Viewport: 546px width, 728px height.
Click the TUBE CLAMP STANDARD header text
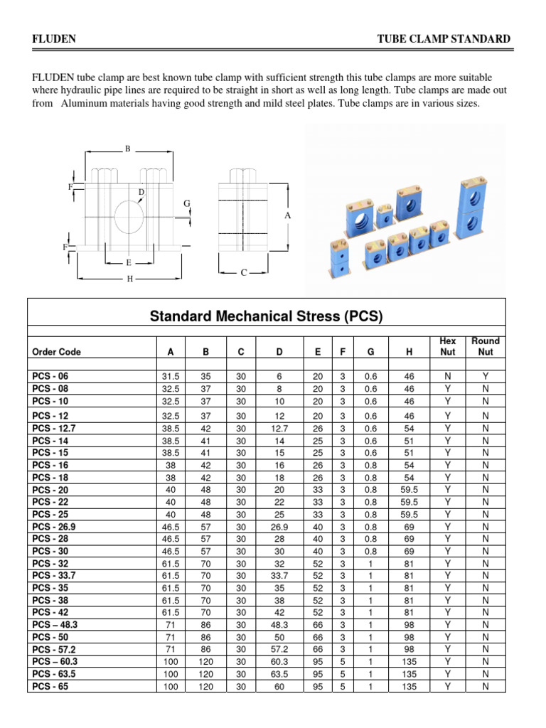(x=443, y=39)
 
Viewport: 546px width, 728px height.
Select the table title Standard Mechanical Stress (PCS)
(x=266, y=317)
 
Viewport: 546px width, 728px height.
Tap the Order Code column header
(x=57, y=352)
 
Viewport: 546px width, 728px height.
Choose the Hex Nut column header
(x=448, y=346)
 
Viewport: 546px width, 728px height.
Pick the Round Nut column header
(x=486, y=346)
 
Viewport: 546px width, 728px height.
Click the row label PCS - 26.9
(x=55, y=527)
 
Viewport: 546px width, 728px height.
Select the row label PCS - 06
(x=50, y=376)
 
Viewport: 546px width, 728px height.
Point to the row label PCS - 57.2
(x=55, y=649)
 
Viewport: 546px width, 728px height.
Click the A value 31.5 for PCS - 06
(x=170, y=376)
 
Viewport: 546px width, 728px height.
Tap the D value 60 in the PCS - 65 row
(x=279, y=687)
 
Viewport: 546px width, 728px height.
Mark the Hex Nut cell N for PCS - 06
(x=448, y=376)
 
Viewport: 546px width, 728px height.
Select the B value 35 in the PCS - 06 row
(x=205, y=376)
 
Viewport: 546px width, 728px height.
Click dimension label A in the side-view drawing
(x=288, y=215)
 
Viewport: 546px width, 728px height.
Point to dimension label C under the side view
(x=244, y=273)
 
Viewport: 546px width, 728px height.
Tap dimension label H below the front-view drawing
(x=129, y=279)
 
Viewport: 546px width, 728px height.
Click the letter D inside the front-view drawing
(x=141, y=193)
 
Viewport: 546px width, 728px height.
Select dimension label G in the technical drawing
(x=187, y=204)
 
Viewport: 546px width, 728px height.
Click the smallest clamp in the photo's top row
(x=384, y=212)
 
